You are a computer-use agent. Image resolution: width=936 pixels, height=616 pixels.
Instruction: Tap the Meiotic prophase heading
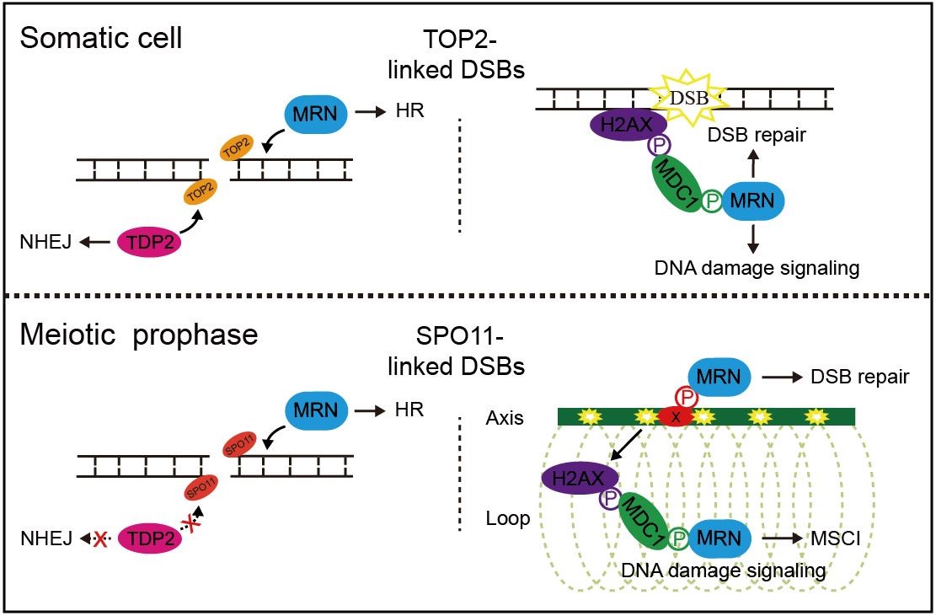click(139, 335)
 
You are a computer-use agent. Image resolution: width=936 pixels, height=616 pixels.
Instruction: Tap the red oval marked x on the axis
click(677, 416)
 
